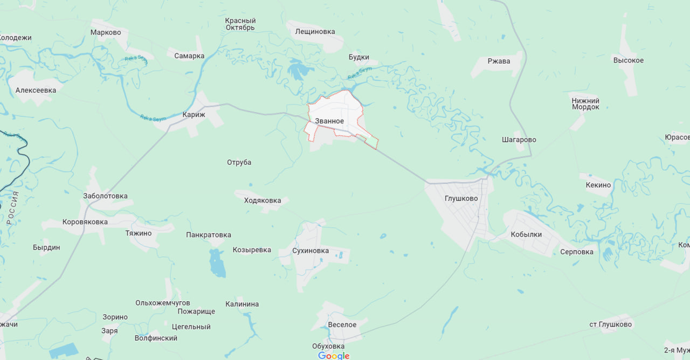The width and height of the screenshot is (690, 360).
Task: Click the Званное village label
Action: pos(329,121)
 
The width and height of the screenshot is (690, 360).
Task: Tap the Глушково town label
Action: pos(461,198)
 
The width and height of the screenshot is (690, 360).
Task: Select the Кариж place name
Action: pos(193,115)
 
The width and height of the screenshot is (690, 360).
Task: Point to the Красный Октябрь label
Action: pos(240,24)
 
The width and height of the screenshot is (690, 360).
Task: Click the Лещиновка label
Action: pos(315,31)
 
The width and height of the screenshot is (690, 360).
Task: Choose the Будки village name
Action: pos(358,57)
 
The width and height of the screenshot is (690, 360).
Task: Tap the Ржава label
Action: pos(499,61)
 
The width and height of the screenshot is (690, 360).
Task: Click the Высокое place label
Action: pos(628,60)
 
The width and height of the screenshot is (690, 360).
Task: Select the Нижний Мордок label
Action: pos(585,104)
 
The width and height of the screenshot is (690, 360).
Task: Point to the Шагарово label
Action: pos(519,140)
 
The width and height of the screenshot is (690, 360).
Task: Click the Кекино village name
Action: pos(598,185)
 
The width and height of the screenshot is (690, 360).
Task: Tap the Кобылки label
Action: pos(526,234)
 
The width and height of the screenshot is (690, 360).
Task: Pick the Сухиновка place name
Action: pos(310,251)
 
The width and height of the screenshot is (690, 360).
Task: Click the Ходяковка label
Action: pos(262,200)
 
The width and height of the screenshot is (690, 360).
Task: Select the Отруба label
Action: pos(239,162)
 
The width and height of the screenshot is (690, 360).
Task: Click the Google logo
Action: pos(334,356)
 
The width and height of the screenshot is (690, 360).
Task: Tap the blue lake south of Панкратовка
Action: pos(217,264)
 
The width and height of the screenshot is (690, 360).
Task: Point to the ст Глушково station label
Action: pos(610,324)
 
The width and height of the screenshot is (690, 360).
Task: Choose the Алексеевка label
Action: pos(36,91)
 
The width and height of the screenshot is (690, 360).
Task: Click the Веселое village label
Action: pos(342,324)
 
